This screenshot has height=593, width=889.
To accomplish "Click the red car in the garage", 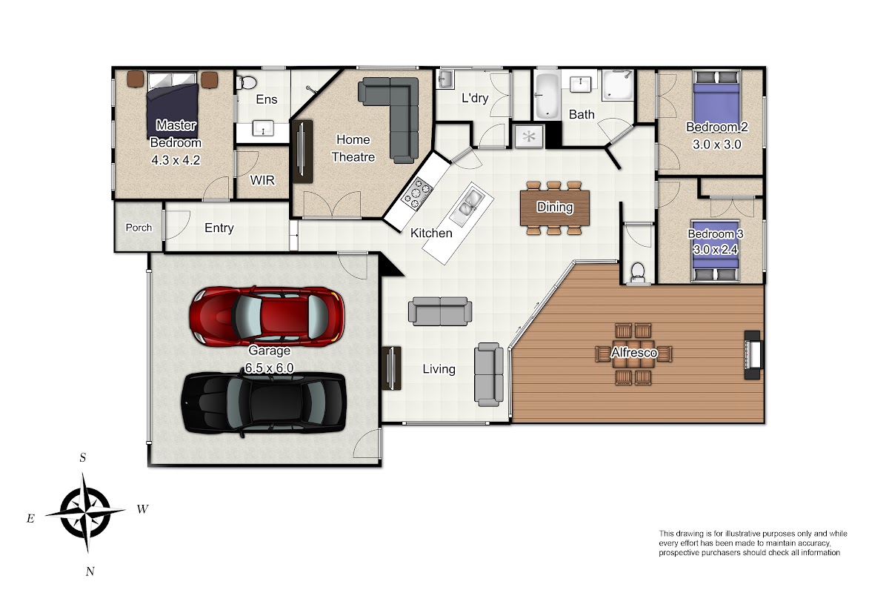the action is point(267,317).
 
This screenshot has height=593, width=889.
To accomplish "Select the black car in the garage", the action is point(264,402).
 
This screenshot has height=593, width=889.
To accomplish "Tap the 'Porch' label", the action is point(139,228).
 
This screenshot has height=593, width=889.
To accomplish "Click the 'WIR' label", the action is point(262,180).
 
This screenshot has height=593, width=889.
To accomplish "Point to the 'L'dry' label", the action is point(475,98).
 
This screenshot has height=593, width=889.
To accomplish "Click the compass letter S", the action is point(82,458).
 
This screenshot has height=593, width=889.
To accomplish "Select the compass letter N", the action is point(90,572).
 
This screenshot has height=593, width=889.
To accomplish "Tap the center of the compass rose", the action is point(85,512).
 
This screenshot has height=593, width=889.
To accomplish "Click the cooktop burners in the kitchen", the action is point(416,193).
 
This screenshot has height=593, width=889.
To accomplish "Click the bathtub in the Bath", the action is point(547,96).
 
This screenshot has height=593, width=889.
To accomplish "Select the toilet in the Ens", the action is point(246,82).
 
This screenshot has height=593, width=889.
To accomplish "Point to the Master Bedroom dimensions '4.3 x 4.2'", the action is point(176,160).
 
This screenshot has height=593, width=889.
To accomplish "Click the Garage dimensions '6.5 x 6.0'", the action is point(269,368).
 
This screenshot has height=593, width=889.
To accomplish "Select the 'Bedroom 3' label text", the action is point(715,234).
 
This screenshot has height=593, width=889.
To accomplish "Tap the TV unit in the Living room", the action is point(391,368).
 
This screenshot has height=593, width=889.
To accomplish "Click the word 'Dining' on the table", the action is point(555,207).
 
